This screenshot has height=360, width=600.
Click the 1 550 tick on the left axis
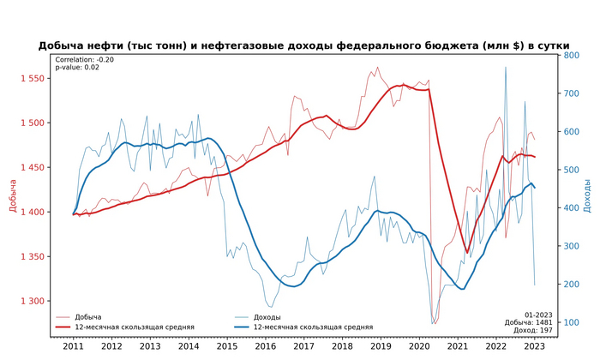coord(33,79)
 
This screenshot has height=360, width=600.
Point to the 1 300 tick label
coord(33,301)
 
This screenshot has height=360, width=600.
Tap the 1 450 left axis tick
coord(33,167)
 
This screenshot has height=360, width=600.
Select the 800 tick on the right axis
coord(572,56)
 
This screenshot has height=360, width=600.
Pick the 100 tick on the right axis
coord(572,322)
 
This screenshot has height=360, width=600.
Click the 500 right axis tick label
coord(572,170)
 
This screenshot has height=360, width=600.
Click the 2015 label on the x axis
coord(226,345)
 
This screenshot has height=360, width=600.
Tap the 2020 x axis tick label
coord(418,345)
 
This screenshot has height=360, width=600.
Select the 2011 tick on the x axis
coord(73,345)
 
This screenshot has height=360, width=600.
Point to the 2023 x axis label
coord(533,345)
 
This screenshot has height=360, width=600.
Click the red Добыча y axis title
coord(13,195)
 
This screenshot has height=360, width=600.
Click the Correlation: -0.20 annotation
coord(84,60)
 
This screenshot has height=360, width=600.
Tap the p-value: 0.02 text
coord(77,68)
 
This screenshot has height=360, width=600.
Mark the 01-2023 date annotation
coord(538,314)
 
